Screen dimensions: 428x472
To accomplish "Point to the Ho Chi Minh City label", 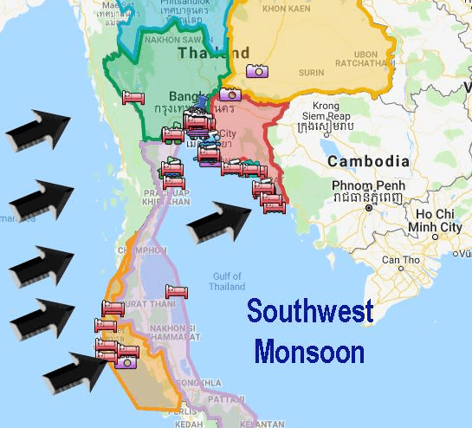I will click(438, 220).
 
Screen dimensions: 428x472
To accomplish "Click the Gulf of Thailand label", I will click(227, 280).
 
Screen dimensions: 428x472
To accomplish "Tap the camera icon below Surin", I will click(255, 72).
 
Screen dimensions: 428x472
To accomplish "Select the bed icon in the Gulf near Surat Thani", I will click(177, 291).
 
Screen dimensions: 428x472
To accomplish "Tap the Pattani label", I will click(226, 400).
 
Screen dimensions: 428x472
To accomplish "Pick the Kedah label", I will click(190, 423).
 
